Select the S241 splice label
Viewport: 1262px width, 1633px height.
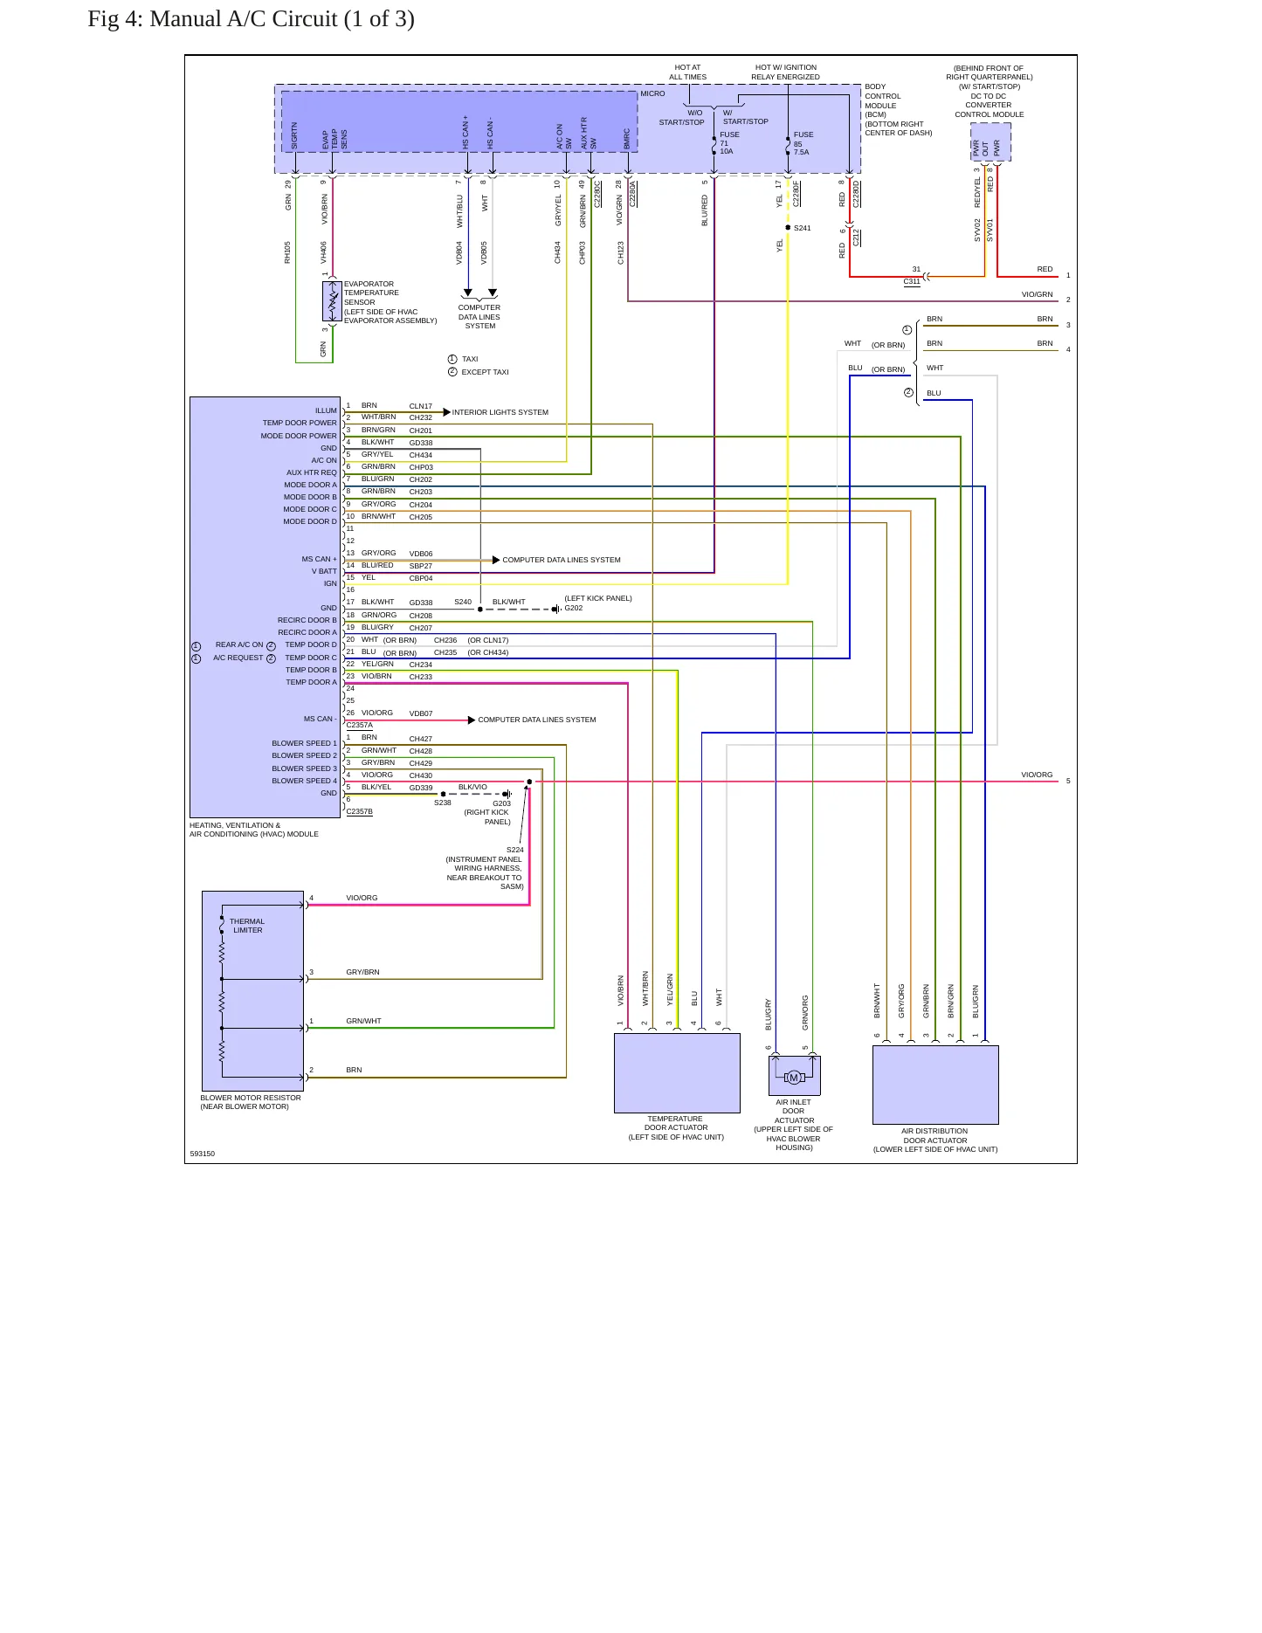pos(803,228)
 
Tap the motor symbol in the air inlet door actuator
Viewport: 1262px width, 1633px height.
pos(794,1077)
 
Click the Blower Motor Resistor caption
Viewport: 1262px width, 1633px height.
pos(251,1102)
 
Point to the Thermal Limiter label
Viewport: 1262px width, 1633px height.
pos(247,926)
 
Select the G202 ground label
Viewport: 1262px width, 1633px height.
pos(574,608)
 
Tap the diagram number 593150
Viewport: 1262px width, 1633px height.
pos(203,1154)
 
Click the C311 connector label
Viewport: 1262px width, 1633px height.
pos(912,281)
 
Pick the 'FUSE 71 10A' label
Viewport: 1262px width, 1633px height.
pos(729,143)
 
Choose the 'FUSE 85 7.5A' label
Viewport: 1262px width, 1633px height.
pos(803,143)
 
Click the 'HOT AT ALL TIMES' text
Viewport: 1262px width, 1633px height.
pos(688,72)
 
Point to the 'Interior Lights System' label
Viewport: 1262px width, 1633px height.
pos(500,412)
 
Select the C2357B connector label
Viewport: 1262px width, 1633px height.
pos(360,811)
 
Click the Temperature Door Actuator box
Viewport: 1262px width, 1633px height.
pos(677,1073)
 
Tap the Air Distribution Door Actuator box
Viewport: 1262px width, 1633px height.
pos(935,1085)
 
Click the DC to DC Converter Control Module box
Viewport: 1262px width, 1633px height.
pos(990,141)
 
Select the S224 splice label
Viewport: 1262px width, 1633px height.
pos(515,850)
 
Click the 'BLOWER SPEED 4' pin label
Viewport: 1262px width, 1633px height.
pos(304,781)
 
